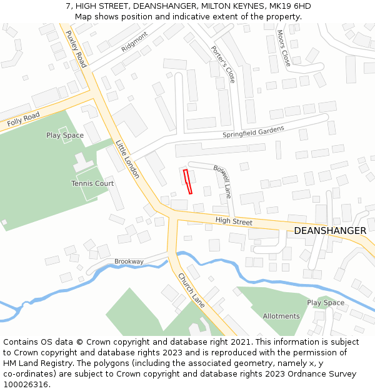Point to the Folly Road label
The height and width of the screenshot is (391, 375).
pos(24,119)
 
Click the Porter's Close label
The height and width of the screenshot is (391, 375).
pos(222,64)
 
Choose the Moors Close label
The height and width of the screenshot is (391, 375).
pos(283,48)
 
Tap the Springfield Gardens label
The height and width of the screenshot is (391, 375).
pos(253,132)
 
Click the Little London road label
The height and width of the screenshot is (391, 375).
pos(127,159)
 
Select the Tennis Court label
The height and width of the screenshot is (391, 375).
pos(92,183)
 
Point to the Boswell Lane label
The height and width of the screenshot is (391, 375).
pos(222,181)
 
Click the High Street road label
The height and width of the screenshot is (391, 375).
pos(234,221)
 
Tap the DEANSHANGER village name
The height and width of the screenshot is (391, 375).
pos(330,231)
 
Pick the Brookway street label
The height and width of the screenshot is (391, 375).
pos(129,262)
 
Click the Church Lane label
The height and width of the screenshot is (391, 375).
pos(191,290)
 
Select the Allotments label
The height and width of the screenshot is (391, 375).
pos(281,316)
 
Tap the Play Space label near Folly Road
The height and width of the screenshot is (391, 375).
pos(65,135)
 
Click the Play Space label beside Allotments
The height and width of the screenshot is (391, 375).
pos(326,303)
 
